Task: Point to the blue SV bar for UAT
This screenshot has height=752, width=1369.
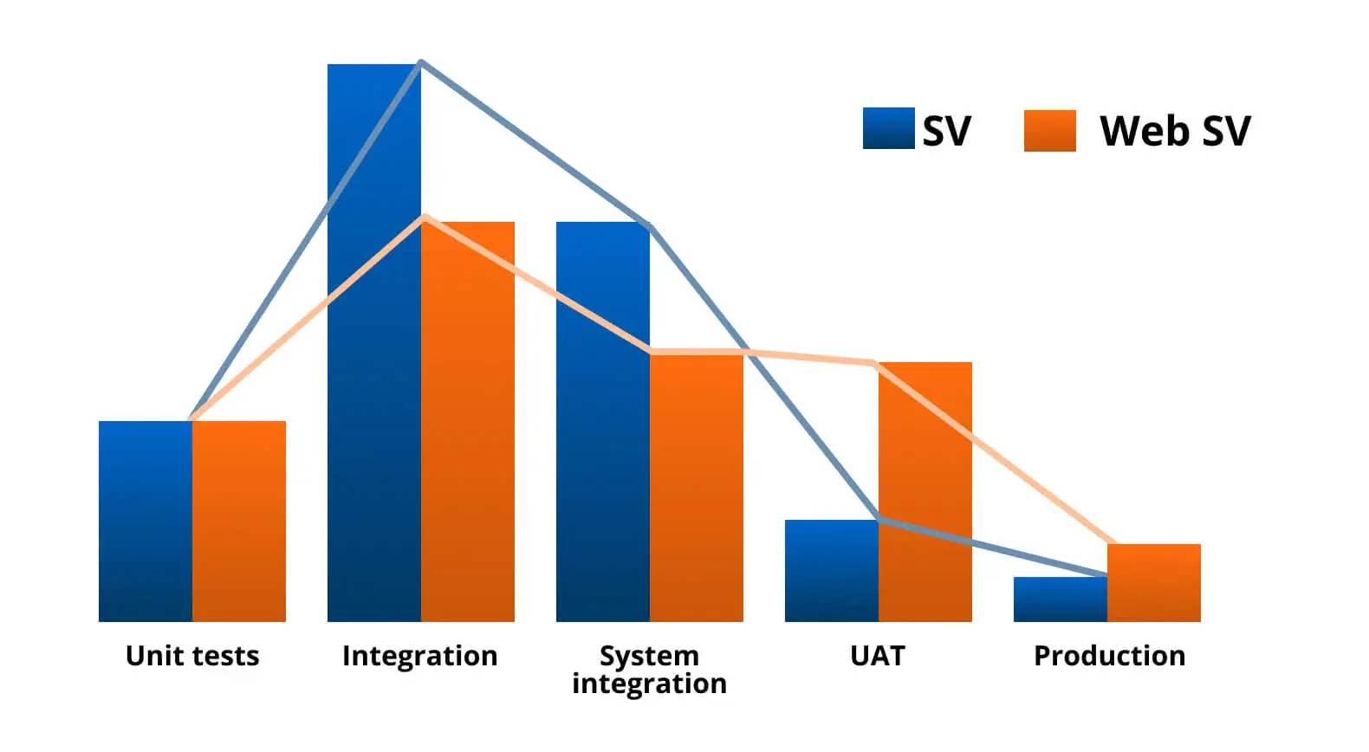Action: [832, 571]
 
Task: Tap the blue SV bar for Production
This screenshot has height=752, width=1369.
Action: [1061, 600]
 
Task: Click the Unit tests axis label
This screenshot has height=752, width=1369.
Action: [192, 656]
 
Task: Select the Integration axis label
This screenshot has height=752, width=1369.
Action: [420, 656]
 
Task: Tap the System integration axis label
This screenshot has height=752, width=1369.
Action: [650, 670]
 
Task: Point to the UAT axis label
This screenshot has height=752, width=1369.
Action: [878, 656]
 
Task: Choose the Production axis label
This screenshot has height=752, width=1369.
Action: [1110, 656]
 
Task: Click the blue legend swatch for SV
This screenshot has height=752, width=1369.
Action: [888, 128]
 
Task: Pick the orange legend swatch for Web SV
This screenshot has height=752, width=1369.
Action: [1049, 131]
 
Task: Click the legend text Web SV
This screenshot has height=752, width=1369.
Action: [1175, 131]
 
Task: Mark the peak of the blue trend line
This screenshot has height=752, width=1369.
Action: [420, 62]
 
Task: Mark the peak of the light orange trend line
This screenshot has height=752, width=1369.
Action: [425, 217]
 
